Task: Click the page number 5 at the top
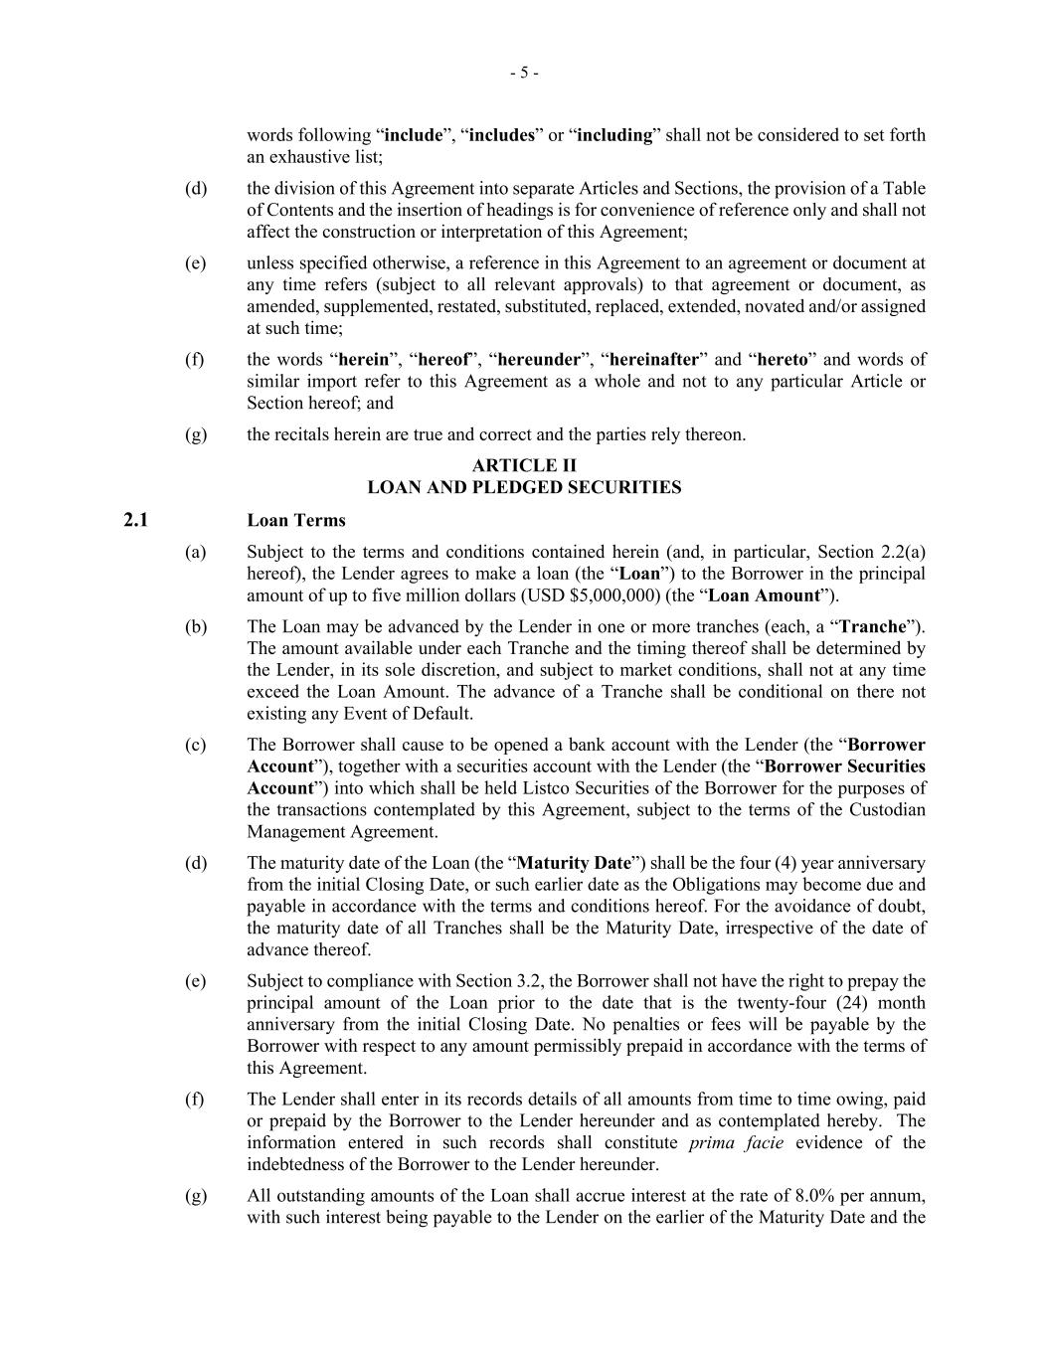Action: (x=524, y=73)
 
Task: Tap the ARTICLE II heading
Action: (x=524, y=465)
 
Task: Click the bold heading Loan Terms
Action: (x=296, y=520)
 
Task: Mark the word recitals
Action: (x=305, y=434)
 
